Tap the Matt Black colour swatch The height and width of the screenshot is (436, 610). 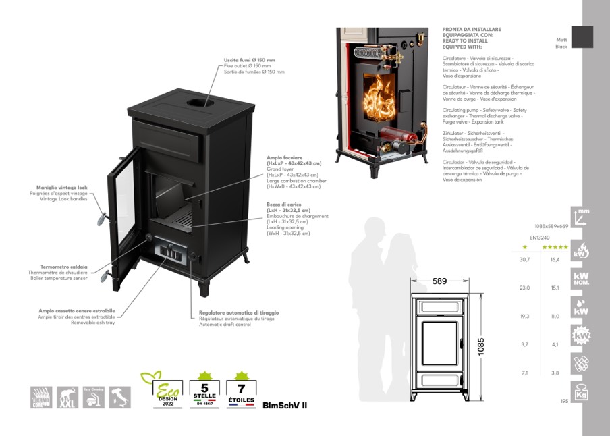(582, 36)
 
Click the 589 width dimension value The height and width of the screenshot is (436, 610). (440, 281)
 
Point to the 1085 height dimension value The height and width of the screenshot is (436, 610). (481, 346)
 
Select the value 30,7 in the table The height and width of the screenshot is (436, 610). (524, 259)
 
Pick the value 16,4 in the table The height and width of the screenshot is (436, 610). (555, 259)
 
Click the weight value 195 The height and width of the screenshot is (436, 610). (564, 401)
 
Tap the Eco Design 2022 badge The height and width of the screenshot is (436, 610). (162, 389)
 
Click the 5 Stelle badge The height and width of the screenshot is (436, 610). (204, 389)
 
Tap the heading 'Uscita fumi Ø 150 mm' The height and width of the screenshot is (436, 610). (250, 61)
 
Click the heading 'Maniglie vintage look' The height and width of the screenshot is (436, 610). (62, 187)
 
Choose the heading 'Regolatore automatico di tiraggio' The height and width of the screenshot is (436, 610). (239, 313)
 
